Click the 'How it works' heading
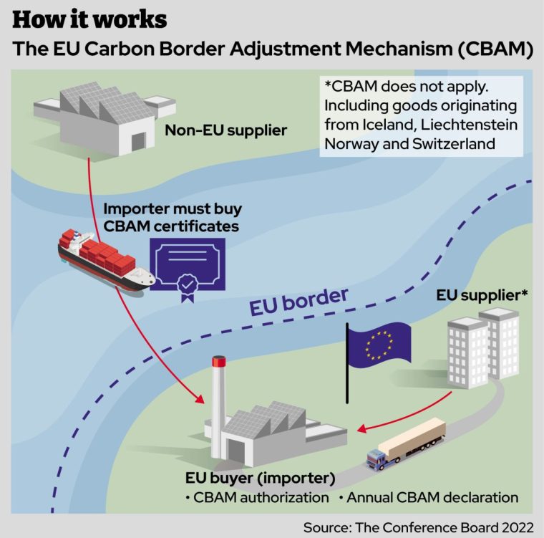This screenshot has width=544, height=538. [90, 19]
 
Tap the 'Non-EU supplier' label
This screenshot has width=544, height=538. [225, 130]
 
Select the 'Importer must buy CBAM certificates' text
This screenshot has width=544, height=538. [173, 218]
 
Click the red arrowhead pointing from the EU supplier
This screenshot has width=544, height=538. [362, 429]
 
